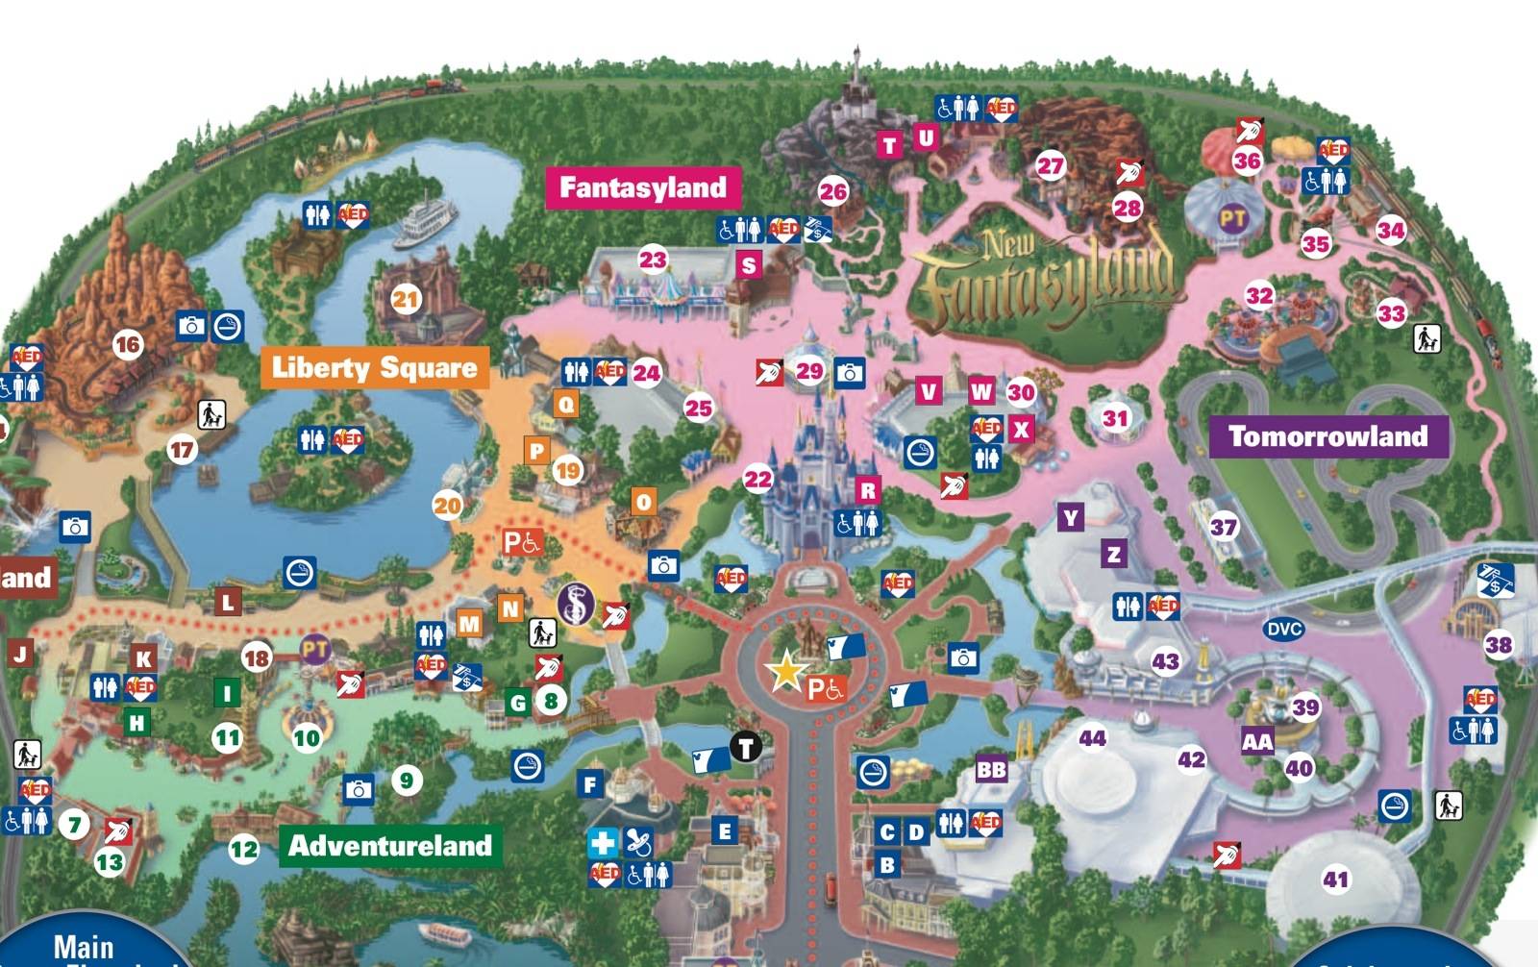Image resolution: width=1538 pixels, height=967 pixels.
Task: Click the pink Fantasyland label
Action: pyautogui.click(x=642, y=187)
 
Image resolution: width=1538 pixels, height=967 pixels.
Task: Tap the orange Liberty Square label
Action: pyautogui.click(x=374, y=367)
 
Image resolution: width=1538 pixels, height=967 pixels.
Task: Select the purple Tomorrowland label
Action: pyautogui.click(x=1327, y=436)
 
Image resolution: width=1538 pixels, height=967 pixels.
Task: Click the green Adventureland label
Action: pyautogui.click(x=389, y=846)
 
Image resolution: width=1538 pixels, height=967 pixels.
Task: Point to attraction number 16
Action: pyautogui.click(x=127, y=344)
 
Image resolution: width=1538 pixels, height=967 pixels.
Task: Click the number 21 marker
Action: pyautogui.click(x=406, y=299)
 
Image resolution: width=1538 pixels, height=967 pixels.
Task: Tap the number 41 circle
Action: pyautogui.click(x=1335, y=879)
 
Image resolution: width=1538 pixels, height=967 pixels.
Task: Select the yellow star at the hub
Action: pyautogui.click(x=786, y=671)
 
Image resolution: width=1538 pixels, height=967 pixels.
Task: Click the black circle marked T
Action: pyautogui.click(x=746, y=746)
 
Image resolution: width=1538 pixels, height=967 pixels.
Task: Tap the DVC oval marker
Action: pyautogui.click(x=1284, y=630)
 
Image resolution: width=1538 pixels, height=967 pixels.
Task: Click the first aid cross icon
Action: pyautogui.click(x=603, y=844)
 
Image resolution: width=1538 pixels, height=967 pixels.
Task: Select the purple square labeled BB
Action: pyautogui.click(x=991, y=770)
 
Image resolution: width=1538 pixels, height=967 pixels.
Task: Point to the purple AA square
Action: pyautogui.click(x=1257, y=741)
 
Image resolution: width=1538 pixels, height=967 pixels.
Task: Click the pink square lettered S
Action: pyautogui.click(x=749, y=264)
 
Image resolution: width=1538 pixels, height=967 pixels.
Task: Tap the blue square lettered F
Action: pyautogui.click(x=591, y=784)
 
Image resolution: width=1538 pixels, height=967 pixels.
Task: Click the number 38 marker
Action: pyautogui.click(x=1499, y=645)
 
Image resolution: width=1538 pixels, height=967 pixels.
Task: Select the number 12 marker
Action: pyautogui.click(x=243, y=849)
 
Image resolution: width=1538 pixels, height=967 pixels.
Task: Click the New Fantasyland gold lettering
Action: pyautogui.click(x=1048, y=279)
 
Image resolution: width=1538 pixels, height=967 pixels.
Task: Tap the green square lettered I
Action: pyautogui.click(x=227, y=692)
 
